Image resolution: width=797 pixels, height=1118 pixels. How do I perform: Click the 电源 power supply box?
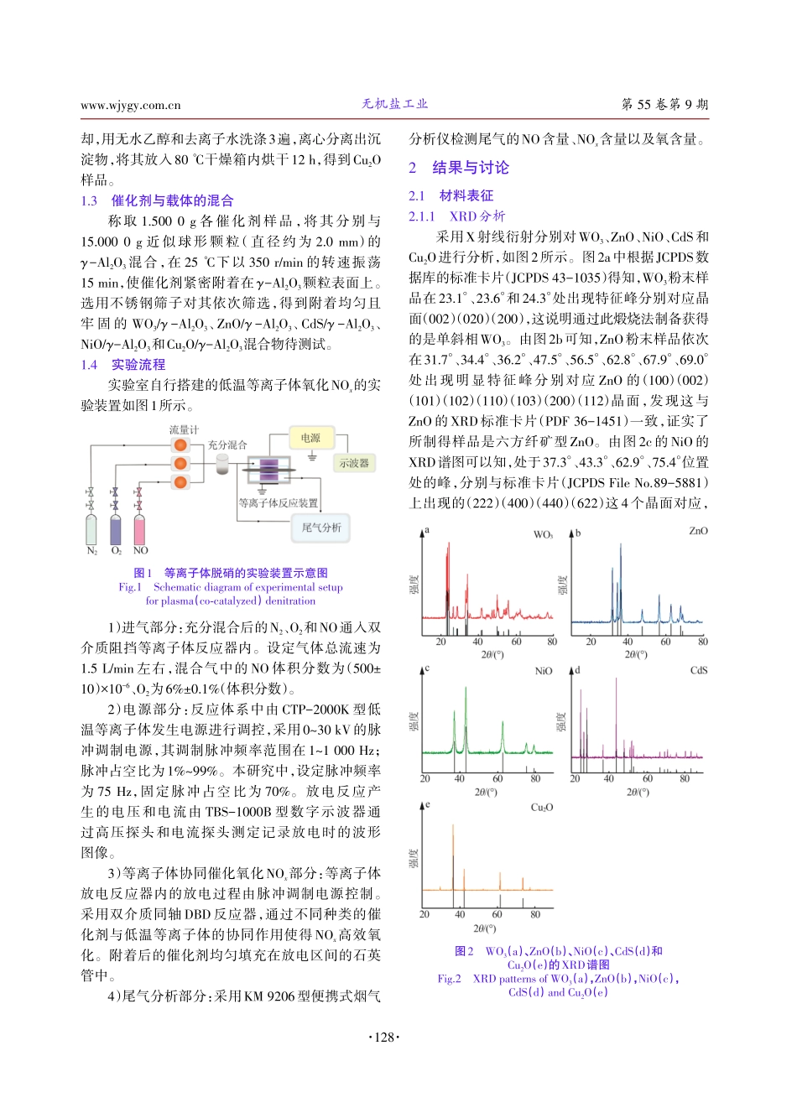(x=310, y=438)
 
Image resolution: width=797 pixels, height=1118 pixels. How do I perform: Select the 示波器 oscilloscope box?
(x=354, y=463)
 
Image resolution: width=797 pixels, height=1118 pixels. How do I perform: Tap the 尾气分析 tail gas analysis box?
(x=321, y=528)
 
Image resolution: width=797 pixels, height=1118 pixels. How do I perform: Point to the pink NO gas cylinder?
(x=140, y=531)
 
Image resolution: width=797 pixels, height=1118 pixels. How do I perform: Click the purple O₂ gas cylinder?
(x=116, y=531)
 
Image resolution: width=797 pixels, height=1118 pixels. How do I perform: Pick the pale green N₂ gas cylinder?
(x=91, y=531)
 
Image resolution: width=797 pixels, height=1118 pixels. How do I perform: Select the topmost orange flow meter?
(x=180, y=445)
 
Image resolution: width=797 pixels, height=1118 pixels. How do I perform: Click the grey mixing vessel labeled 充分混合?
(x=224, y=463)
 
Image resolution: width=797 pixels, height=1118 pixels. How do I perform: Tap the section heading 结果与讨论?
(x=471, y=168)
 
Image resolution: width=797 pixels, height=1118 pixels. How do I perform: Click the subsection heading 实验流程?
(x=138, y=365)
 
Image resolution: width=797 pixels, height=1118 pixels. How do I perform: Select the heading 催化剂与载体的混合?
(x=172, y=200)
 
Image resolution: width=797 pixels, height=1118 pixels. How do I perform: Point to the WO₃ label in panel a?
(x=543, y=534)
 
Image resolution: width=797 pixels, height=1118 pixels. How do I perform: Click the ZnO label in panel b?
(x=698, y=531)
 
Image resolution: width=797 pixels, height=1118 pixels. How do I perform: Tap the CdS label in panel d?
(x=699, y=670)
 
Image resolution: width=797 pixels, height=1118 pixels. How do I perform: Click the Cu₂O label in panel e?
(x=542, y=808)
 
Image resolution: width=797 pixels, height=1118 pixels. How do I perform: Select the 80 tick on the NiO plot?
(x=535, y=778)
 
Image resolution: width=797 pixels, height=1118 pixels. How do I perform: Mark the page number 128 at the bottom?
(x=384, y=1037)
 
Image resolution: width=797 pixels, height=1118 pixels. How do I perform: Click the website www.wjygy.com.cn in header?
(x=131, y=105)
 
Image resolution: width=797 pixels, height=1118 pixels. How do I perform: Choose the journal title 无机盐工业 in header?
(x=395, y=104)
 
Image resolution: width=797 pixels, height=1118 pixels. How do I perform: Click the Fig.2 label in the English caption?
(x=449, y=979)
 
